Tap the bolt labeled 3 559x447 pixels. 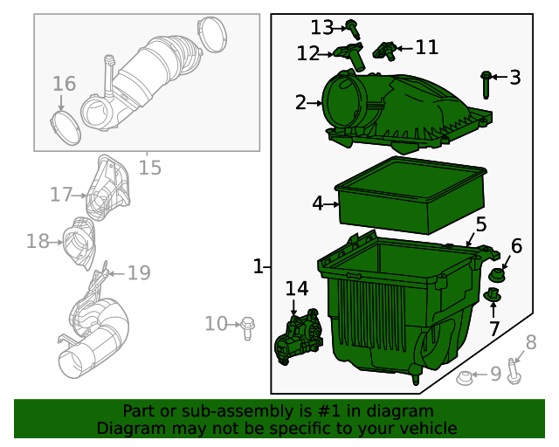click(486, 85)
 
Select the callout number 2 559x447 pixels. click(300, 103)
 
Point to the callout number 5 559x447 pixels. click(481, 224)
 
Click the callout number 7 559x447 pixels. click(494, 329)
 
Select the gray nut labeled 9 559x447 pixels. click(466, 378)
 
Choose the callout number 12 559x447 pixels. click(307, 53)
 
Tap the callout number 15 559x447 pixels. click(150, 167)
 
